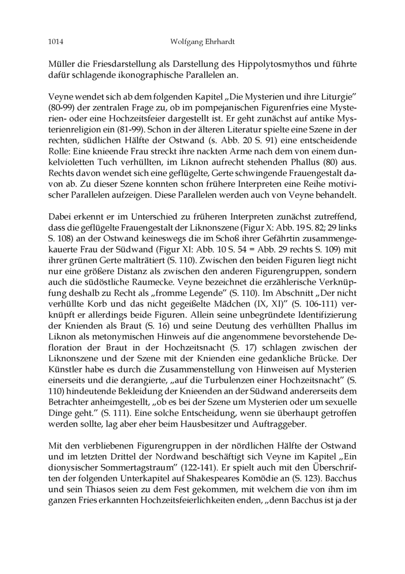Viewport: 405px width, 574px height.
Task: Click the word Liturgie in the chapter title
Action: [x=325, y=97]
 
